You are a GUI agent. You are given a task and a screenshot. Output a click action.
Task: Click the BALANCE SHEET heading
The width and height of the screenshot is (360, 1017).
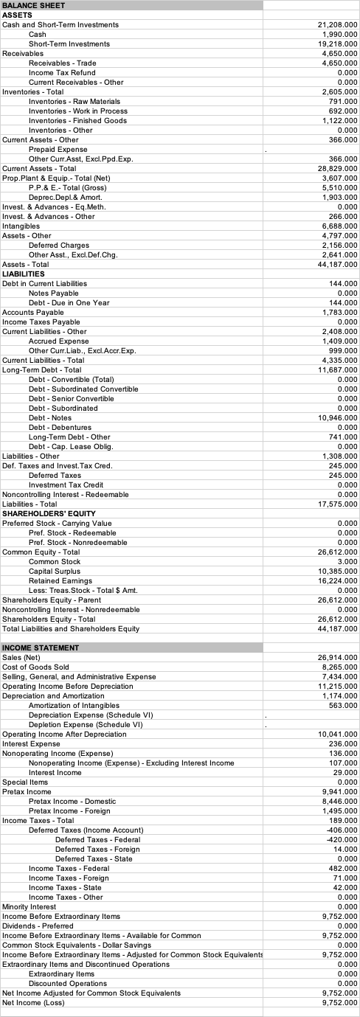click(x=34, y=5)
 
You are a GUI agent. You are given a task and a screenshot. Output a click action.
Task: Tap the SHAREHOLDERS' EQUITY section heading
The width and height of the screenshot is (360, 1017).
click(x=48, y=513)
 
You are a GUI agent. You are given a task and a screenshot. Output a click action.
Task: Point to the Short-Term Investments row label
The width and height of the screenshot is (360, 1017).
click(x=69, y=44)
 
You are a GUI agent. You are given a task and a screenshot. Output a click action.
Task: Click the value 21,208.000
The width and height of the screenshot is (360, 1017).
click(x=336, y=24)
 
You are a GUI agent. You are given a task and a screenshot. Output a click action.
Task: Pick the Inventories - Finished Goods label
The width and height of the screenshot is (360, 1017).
click(x=77, y=120)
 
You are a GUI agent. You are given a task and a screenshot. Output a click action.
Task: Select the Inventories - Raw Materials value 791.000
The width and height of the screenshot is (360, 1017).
click(x=342, y=101)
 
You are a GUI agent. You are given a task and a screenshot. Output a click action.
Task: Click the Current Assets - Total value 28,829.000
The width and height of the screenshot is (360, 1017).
click(x=336, y=168)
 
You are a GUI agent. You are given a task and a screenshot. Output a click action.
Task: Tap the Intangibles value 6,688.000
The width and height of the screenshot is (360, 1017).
click(x=339, y=226)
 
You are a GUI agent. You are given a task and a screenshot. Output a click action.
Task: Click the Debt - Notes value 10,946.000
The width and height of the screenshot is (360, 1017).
click(x=336, y=417)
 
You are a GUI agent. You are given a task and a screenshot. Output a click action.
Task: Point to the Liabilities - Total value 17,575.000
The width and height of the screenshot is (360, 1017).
click(x=336, y=504)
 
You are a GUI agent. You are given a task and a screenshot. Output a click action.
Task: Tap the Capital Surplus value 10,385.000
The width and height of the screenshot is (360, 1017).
click(x=336, y=571)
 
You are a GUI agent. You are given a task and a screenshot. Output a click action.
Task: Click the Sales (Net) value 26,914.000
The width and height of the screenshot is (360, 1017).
click(x=336, y=657)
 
